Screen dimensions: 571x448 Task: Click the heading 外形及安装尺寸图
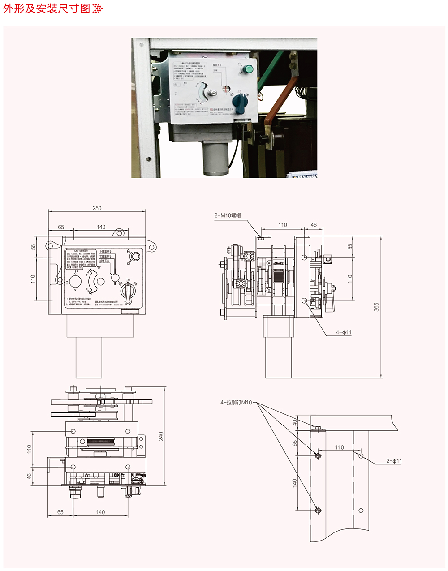pos(47,8)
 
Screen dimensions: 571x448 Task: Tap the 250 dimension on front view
pos(97,208)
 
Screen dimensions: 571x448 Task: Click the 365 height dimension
pos(376,307)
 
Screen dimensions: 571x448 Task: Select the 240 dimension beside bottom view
pos(161,436)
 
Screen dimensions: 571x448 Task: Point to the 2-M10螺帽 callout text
pos(227,215)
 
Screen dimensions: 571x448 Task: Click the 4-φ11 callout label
pos(344,332)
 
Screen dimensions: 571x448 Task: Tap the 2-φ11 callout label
pos(394,461)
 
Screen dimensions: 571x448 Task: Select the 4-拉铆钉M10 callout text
pos(236,402)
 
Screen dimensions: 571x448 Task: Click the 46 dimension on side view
pos(314,225)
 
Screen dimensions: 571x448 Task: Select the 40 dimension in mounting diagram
pos(295,422)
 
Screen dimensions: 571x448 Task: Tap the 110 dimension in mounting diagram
pos(339,447)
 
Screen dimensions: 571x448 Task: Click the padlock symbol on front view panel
pos(128,251)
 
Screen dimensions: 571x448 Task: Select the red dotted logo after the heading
pos(98,8)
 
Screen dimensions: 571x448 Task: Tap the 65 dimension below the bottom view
pos(60,512)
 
